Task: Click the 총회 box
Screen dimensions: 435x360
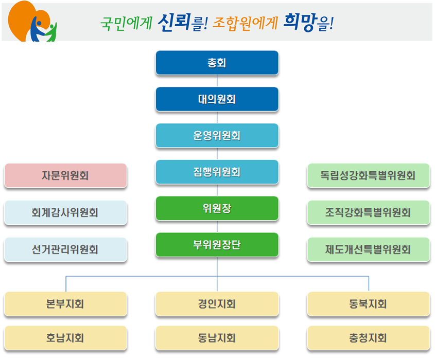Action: [x=217, y=63]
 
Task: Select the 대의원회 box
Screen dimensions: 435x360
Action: [x=217, y=99]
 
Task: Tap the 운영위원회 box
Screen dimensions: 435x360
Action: [x=217, y=136]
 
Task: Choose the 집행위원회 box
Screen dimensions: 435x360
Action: [x=217, y=172]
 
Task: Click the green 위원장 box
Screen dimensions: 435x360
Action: [x=217, y=208]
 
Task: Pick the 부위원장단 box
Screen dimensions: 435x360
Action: [x=217, y=245]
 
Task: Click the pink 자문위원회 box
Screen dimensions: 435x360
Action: [x=65, y=175]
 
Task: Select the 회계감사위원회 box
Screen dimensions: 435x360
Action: [x=65, y=212]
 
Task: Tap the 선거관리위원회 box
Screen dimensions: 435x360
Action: [x=65, y=249]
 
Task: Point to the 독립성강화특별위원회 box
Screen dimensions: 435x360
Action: [x=369, y=175]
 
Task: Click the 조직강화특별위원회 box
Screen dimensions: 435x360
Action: [x=369, y=212]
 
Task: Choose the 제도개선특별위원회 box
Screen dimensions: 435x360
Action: [x=369, y=249]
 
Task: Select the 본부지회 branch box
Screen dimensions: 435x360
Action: [x=65, y=304]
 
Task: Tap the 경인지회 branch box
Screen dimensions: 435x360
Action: [x=217, y=304]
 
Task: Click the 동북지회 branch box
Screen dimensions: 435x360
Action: [x=369, y=304]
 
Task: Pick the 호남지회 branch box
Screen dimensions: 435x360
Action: [x=65, y=338]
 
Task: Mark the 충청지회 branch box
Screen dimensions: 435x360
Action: [x=369, y=338]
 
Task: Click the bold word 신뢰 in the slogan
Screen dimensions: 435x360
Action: [x=174, y=22]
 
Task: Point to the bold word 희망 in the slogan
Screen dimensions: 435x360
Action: [x=300, y=22]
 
